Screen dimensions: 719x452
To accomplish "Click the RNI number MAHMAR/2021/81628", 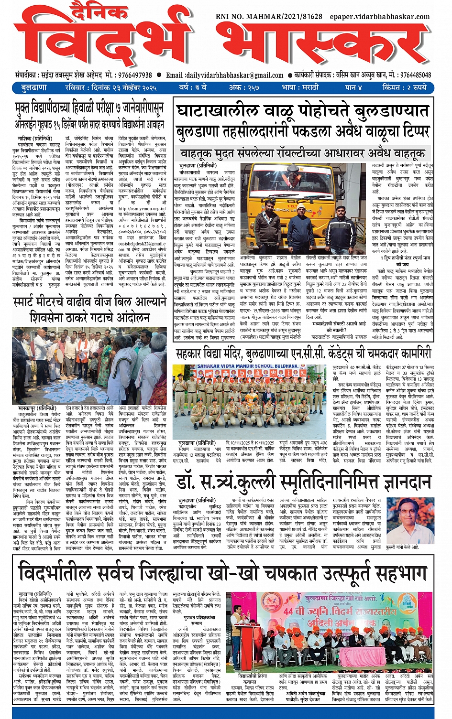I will tap(269, 17).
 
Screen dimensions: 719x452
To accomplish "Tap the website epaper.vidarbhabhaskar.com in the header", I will tap(380, 17).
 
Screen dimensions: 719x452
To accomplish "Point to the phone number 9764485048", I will tap(415, 75).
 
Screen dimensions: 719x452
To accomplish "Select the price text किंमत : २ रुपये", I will tap(404, 88).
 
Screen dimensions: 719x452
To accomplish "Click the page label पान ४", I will tap(353, 88).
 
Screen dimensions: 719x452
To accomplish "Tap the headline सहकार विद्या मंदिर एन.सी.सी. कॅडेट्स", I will tap(303, 354).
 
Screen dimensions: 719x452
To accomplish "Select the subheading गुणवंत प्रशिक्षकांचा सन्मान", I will tap(197, 620).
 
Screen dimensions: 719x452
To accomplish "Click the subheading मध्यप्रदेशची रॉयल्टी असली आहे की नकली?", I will tap(339, 327).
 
